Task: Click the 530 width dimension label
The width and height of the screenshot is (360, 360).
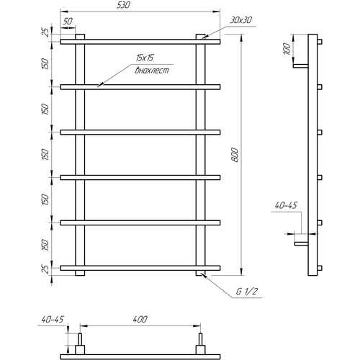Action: point(123,5)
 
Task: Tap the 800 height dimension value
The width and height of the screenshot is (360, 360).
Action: point(235,155)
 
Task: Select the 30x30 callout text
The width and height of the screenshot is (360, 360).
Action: point(240,20)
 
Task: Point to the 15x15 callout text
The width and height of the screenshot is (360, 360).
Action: point(145,58)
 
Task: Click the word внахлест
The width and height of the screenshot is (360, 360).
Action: point(152,71)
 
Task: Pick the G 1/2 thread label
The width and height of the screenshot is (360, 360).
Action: point(246,292)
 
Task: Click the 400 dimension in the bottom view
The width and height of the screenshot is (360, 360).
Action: point(140,319)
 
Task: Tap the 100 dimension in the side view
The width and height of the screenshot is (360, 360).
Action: point(287,49)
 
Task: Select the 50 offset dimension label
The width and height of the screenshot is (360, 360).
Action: point(68,21)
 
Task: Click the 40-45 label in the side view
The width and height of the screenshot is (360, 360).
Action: point(286,205)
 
